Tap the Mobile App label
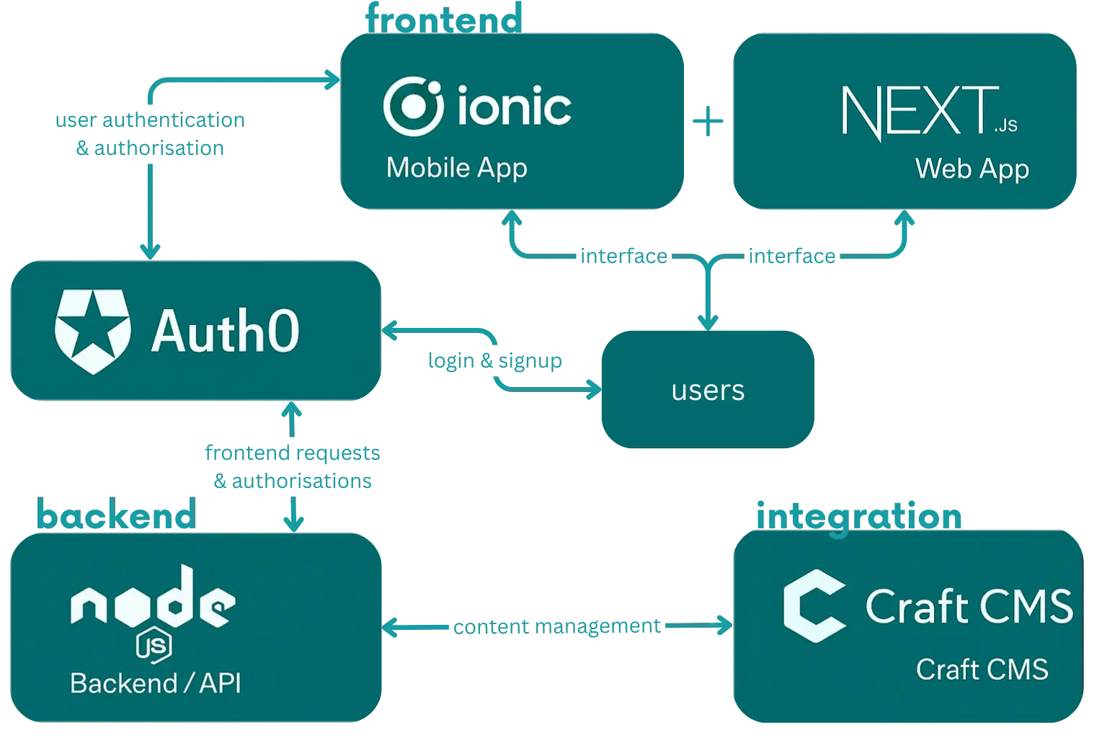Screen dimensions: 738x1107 point(457,167)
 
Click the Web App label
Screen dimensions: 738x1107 point(972,169)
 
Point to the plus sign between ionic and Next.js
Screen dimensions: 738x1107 point(709,121)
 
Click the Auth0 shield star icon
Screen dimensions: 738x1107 point(93,332)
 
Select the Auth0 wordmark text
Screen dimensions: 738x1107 point(225,332)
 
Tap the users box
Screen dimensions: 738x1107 point(708,390)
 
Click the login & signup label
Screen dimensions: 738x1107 point(494,360)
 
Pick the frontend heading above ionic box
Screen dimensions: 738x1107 point(443,18)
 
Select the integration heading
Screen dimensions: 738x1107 point(858,516)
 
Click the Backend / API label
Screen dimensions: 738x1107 point(156,683)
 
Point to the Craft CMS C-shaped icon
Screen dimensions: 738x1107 point(814,605)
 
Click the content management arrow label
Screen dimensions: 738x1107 point(556,626)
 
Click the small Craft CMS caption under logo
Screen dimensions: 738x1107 point(982,670)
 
